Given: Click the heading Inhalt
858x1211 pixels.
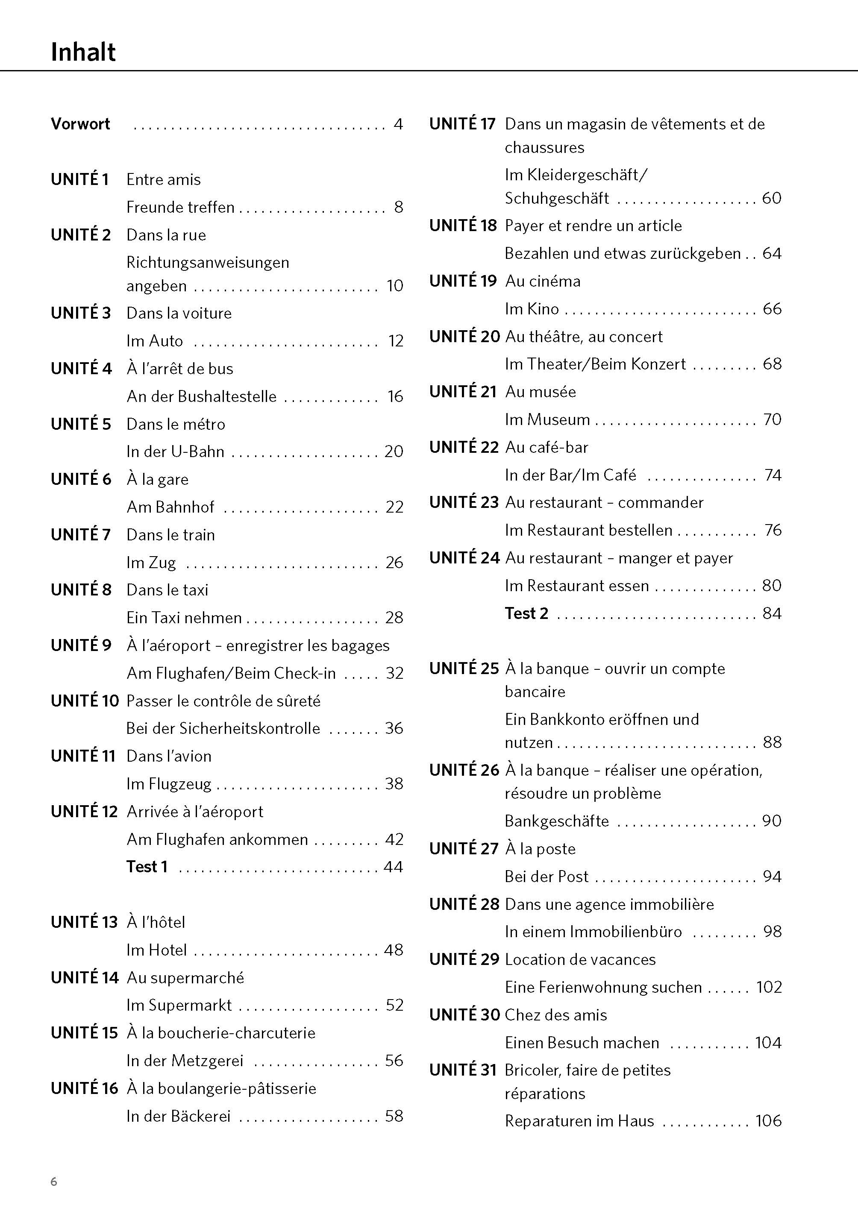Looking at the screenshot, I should tap(83, 52).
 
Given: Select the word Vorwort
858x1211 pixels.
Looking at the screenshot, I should tap(80, 124).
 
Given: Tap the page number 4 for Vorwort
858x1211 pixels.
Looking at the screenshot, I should tap(398, 124).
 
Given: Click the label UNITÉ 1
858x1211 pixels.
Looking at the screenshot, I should tap(80, 179).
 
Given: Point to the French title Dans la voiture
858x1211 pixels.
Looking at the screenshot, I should tap(179, 313).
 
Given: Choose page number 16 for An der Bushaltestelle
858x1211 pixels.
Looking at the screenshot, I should tap(395, 396).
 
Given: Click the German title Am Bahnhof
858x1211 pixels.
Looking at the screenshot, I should tap(170, 507).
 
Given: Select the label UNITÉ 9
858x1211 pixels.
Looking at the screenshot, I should tap(81, 645).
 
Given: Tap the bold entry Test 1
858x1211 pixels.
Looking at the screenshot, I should tap(147, 867).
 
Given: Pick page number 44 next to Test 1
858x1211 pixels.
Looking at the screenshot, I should tap(394, 867).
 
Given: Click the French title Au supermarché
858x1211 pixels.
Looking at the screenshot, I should tap(185, 978).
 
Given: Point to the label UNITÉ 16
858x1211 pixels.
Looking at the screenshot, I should tap(84, 1088).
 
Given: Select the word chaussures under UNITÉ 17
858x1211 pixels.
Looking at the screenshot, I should tap(544, 147).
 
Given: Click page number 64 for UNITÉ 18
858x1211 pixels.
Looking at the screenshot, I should tap(771, 253).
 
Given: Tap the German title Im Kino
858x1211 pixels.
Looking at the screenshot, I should tap(532, 309).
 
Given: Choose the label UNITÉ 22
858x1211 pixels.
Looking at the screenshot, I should tap(463, 447).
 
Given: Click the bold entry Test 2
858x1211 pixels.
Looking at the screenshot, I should tap(526, 613).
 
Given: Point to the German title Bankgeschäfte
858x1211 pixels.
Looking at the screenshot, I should tap(556, 821).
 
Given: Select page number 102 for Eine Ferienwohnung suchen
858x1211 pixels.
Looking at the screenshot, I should tap(769, 987).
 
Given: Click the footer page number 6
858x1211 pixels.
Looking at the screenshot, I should tap(54, 1182).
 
